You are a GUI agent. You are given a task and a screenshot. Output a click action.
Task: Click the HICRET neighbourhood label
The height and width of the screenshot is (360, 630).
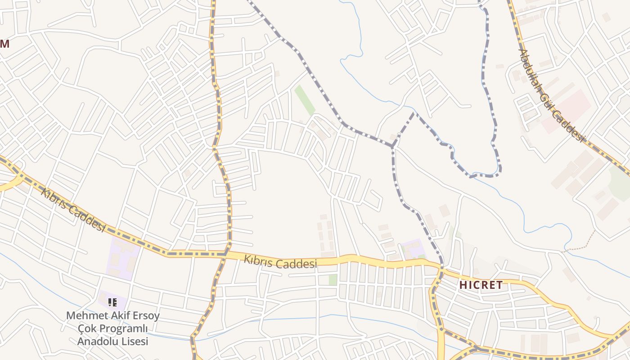481,285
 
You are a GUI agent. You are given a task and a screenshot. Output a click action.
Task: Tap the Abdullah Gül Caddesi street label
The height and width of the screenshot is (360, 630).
551,95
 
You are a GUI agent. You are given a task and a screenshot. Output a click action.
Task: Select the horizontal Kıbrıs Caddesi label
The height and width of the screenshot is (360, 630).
280,262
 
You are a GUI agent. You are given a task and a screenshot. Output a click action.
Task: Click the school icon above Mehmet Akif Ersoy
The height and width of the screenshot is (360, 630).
112,302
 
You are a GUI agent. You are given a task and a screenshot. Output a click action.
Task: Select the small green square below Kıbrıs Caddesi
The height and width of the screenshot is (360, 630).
333,279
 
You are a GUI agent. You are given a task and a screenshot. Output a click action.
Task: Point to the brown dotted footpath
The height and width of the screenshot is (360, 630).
580,243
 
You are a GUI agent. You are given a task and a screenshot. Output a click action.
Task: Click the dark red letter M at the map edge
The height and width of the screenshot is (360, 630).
4,44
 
